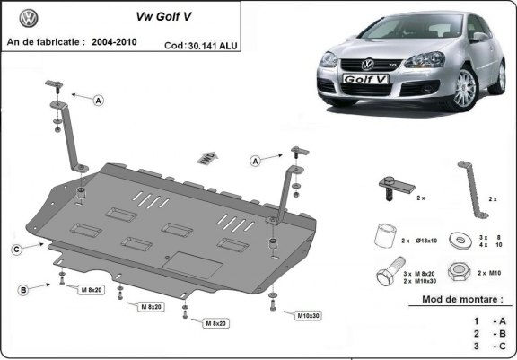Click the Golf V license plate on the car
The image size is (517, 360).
tap(364, 79)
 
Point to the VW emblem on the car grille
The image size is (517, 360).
tap(366, 64)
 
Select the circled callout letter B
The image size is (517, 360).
tap(22, 288)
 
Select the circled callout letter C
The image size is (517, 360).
tap(17, 249)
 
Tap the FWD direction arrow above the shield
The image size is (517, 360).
tap(205, 157)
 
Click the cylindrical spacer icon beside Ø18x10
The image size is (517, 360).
tap(385, 235)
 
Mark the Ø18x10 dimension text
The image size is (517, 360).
tap(425, 241)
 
